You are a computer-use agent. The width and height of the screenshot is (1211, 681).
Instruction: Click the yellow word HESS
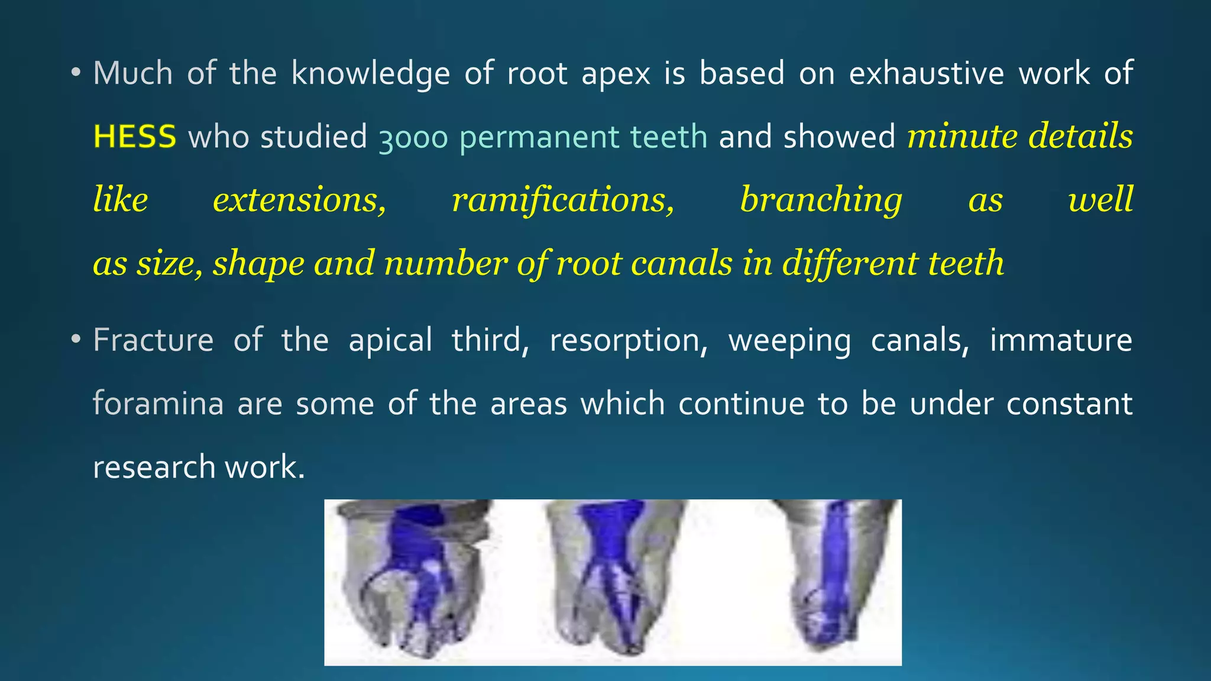[135, 137]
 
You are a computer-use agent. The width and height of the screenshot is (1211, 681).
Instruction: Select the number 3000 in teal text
[413, 138]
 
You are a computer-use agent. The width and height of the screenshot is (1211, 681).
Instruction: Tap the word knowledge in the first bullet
[371, 74]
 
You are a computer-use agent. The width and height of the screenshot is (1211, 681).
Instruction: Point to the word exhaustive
[927, 73]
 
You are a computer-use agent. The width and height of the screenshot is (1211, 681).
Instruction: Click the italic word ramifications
[563, 200]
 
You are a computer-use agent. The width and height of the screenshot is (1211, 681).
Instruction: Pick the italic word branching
[821, 200]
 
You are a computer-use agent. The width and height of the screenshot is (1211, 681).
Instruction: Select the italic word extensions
[299, 200]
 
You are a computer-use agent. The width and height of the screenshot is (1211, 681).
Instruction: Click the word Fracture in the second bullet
[153, 340]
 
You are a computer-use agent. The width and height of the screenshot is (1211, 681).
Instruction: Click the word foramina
[158, 404]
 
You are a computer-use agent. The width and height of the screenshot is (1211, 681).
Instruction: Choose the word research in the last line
[154, 467]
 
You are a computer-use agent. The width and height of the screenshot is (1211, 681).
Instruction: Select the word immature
[1061, 340]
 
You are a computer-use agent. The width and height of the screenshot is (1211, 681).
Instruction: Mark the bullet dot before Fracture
[75, 340]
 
